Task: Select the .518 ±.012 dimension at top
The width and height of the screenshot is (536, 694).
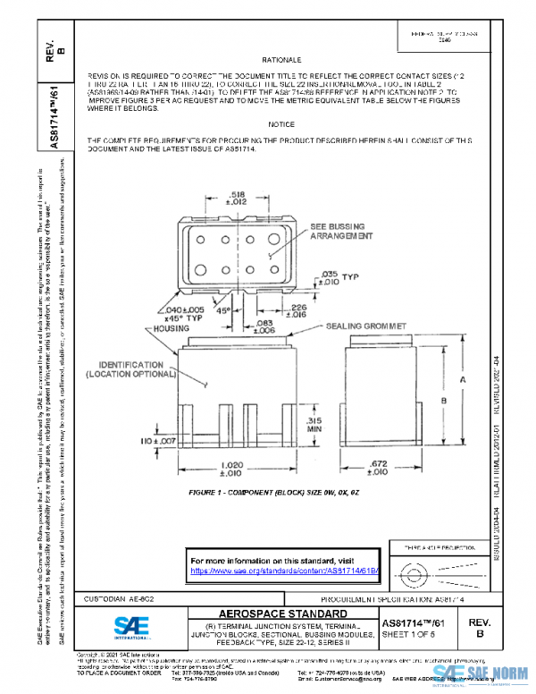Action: [238, 199]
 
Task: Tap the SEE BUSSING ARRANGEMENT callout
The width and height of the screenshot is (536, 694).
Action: [340, 233]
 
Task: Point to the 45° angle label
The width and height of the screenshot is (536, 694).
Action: [224, 311]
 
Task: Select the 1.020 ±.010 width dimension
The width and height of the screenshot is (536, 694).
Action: [233, 469]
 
